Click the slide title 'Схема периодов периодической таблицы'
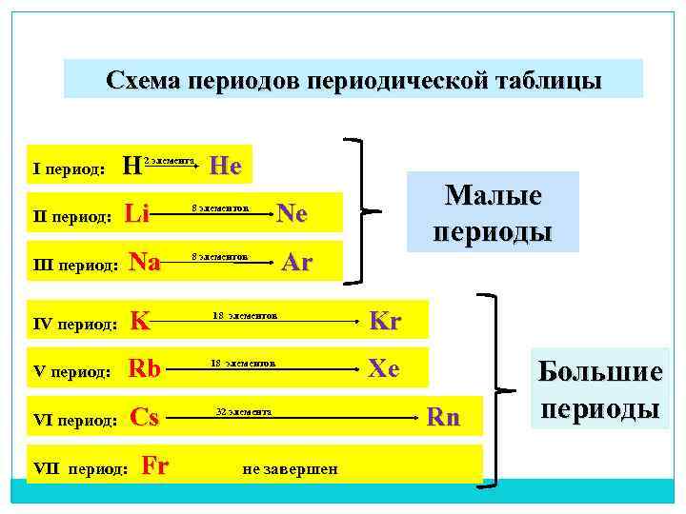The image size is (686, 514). pos(353,79)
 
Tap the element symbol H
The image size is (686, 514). pos(131,168)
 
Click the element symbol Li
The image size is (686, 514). pos(137,214)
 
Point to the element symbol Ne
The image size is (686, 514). pos(292,214)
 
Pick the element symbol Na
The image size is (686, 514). pos(144,262)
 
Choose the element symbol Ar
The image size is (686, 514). pos(297,263)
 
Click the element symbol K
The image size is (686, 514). pos(140,321)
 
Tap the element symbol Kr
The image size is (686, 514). pos(384,321)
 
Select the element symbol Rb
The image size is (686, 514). pos(145,368)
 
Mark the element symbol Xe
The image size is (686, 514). pos(384,368)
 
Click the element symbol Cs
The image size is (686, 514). pos(144,417)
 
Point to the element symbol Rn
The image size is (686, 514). pos(443,417)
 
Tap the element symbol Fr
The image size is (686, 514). pos(154,465)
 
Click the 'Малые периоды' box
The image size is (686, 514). pos(493,212)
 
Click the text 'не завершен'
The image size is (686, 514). pos(291,469)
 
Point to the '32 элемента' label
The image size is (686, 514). pos(245,412)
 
